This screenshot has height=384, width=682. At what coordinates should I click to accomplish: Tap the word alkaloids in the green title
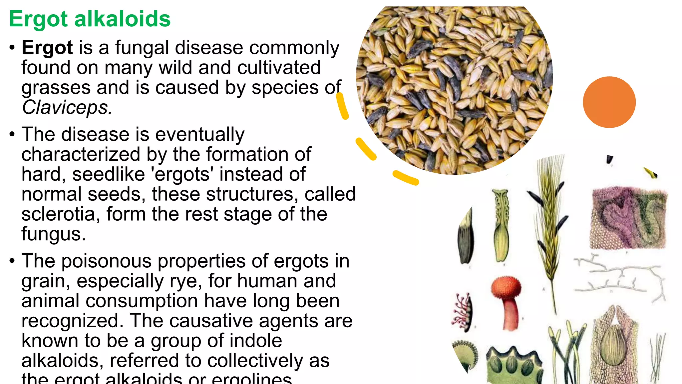pos(122,19)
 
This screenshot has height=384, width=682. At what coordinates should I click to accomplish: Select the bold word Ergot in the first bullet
pos(47,48)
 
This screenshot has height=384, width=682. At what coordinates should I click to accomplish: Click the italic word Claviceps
pos(67,107)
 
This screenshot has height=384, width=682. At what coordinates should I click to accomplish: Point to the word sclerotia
pos(58,214)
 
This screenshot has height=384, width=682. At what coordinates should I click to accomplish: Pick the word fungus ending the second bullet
pos(53,234)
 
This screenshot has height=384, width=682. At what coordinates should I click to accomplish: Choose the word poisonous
pos(106,261)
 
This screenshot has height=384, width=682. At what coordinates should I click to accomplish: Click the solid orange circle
pos(609,102)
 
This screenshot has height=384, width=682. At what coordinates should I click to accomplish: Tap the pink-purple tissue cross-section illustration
pos(628,218)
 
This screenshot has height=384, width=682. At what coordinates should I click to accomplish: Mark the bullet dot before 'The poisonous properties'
pos(12,261)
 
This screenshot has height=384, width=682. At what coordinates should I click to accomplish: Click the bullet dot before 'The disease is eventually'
pos(12,134)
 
